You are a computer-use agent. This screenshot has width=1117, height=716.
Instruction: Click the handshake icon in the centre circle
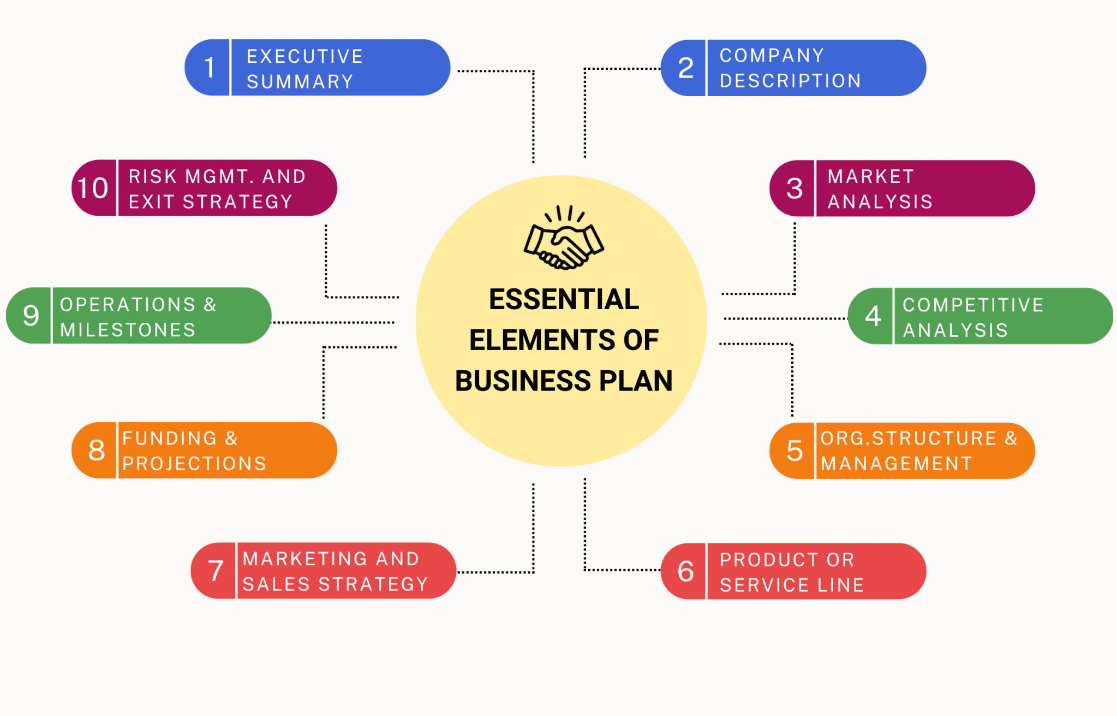tap(564, 237)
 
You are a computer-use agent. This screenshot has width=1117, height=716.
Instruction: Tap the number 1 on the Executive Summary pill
tap(209, 68)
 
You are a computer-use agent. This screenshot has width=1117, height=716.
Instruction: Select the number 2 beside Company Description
tap(686, 68)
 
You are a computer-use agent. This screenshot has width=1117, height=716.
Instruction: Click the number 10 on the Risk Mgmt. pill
tap(93, 188)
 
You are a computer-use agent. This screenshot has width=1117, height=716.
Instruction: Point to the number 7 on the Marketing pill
tap(216, 571)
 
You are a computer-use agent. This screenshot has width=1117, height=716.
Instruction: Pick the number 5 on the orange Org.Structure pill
tap(795, 451)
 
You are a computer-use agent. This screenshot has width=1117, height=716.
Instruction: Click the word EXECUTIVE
tap(304, 56)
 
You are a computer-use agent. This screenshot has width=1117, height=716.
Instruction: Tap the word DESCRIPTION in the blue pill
tap(790, 81)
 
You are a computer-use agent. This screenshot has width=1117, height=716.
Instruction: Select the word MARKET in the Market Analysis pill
tap(870, 176)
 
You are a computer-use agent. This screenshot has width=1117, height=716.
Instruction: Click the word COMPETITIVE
tap(973, 305)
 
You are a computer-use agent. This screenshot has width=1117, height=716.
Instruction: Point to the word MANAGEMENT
tap(897, 464)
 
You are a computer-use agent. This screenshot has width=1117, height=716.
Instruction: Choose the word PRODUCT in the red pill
tap(769, 560)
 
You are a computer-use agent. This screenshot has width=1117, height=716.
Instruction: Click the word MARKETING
tap(304, 559)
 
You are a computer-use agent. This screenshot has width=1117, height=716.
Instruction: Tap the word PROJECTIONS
tap(194, 464)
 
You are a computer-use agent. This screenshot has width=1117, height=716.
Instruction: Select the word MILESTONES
tap(128, 330)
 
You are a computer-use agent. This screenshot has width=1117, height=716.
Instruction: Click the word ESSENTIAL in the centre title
tap(564, 299)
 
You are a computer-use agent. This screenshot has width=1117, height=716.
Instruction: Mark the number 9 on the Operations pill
tap(31, 316)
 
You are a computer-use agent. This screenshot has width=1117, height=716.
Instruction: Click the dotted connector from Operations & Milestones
tap(333, 322)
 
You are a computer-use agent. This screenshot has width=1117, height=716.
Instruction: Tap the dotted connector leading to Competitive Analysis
tap(786, 318)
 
